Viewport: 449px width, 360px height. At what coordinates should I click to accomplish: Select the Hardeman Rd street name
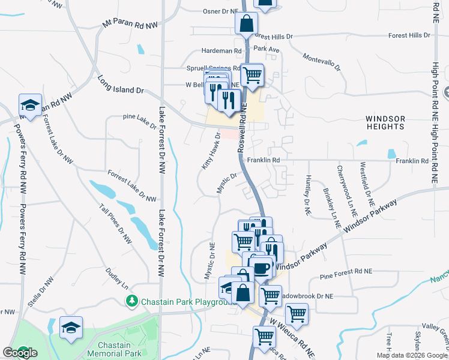click(x=221, y=52)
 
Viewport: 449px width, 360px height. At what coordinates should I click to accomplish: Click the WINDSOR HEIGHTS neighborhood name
click(x=385, y=123)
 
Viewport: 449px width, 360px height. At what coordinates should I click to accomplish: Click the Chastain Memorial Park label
click(x=113, y=349)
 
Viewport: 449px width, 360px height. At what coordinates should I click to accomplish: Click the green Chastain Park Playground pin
click(x=130, y=300)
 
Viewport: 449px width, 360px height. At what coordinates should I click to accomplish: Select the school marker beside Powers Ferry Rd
click(x=30, y=106)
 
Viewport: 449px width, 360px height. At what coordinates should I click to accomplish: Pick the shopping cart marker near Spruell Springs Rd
click(x=252, y=75)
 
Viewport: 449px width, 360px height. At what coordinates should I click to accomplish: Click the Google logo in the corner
click(x=20, y=353)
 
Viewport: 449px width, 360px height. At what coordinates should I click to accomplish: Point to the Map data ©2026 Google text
click(x=412, y=355)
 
